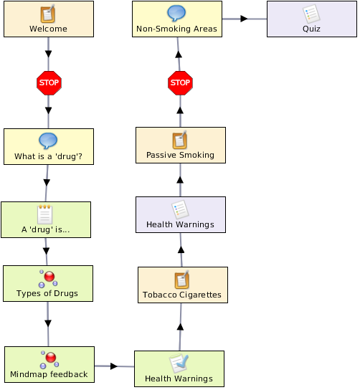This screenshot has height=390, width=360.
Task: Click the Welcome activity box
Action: coord(49,19)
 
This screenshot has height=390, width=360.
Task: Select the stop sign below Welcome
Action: coord(49,83)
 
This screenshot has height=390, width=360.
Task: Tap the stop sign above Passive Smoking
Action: coord(180,83)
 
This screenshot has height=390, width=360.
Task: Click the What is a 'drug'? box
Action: coord(49,146)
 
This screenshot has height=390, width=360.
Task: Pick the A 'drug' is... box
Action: coord(46,219)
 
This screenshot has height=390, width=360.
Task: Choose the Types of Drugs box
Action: coord(48,284)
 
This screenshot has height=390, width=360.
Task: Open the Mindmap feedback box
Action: coord(49,364)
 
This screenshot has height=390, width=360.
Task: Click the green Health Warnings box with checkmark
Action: coord(179,369)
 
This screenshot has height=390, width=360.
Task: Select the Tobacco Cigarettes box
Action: coord(183,285)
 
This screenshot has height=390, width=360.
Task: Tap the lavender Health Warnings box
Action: coord(181,214)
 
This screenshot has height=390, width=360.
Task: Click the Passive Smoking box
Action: coord(181,146)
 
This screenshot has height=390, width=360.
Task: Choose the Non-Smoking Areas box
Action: coord(177,19)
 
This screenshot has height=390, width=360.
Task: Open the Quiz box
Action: coord(312,19)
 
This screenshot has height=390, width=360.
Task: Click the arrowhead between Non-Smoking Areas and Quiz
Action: coord(244,19)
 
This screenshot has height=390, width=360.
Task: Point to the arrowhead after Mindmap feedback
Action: coord(114,366)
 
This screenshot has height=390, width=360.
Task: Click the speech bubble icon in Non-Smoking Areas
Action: coord(176,13)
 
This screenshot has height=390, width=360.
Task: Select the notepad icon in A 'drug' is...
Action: coord(44,214)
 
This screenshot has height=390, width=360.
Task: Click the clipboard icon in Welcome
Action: coord(48,14)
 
